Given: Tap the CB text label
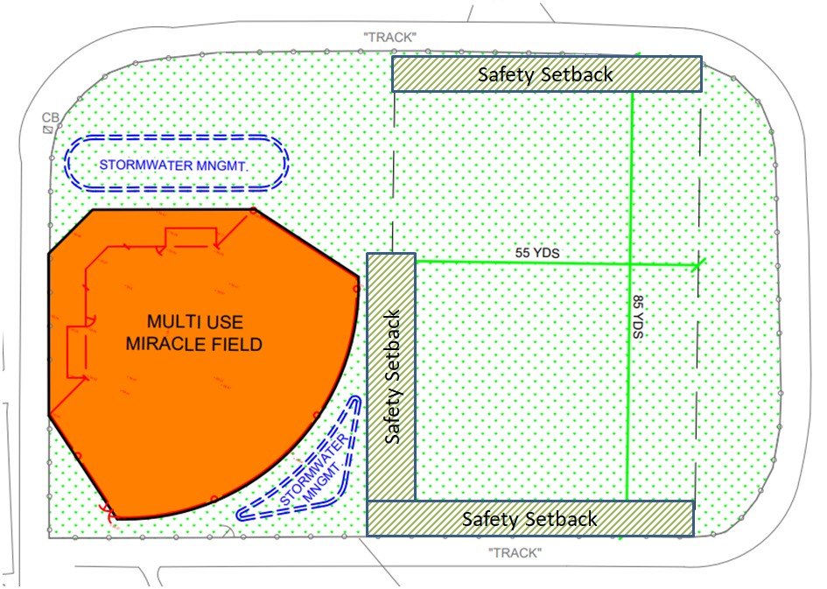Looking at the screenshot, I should click(49, 117).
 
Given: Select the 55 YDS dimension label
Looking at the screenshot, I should click(536, 253).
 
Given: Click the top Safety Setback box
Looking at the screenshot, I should click(546, 74).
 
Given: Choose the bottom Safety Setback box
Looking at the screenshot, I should click(529, 518).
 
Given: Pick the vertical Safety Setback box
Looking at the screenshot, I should click(390, 376).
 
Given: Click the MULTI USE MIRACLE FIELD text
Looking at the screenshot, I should click(193, 333).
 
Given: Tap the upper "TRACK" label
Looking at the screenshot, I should click(389, 37).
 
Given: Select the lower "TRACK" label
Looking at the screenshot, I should click(516, 553).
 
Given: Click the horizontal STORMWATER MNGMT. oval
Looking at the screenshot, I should click(179, 164).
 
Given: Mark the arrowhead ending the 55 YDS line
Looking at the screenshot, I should click(698, 265).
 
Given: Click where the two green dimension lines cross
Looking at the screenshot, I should click(630, 264).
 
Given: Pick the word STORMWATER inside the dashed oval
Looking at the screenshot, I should click(139, 165).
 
